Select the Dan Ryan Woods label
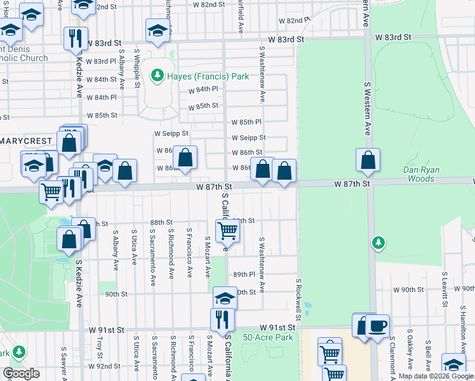[427, 174]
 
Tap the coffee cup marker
[378, 326]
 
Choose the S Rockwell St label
[297, 298]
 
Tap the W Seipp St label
[171, 133]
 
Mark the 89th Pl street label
[243, 274]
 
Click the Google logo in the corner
[21, 373]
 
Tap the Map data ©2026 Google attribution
[436, 377]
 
